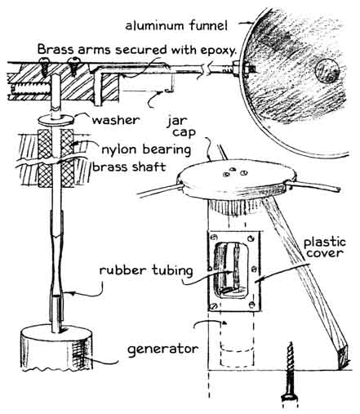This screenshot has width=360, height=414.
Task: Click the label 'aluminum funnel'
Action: (176, 25)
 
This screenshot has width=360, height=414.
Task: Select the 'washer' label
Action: (116, 120)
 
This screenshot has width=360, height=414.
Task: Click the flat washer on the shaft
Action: (56, 120)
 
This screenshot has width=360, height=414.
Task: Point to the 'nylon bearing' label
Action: (146, 150)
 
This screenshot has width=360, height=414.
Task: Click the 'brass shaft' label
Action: (129, 167)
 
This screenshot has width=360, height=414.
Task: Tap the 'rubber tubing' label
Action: (146, 270)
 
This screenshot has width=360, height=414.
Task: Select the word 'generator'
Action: (163, 349)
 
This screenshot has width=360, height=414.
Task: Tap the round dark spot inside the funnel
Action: (327, 71)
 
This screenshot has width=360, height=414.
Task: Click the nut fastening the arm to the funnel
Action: (237, 69)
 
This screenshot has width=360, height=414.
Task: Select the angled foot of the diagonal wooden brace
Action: (343, 356)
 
